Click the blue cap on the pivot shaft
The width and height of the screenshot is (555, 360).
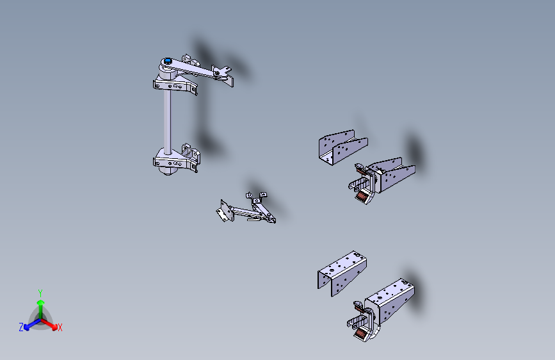point(168,61)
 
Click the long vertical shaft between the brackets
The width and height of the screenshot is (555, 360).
point(168,120)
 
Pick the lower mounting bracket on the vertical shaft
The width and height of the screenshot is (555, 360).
point(175,161)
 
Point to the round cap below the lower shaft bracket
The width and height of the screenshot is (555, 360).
point(168,172)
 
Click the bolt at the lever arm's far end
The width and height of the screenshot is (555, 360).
point(216,73)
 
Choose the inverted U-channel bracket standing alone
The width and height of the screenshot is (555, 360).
point(342,272)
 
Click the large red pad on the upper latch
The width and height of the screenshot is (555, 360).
point(362,195)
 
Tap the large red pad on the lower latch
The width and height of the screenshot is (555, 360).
point(361,333)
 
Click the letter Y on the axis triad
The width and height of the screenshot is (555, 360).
point(40,293)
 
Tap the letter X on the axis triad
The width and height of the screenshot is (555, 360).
point(60,328)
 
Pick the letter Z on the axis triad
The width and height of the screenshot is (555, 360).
point(21,327)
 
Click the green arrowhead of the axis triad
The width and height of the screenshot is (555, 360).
point(41,302)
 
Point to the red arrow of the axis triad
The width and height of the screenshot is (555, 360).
point(49,323)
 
